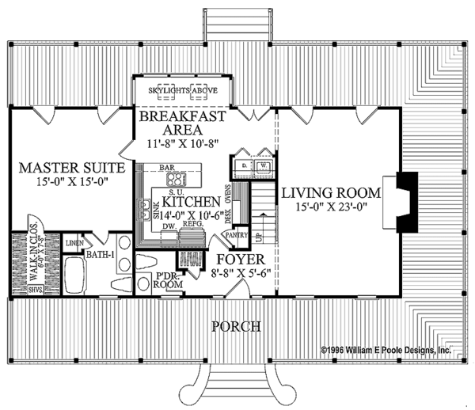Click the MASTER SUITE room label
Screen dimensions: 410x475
tap(72, 168)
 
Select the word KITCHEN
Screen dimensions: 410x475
tap(191, 202)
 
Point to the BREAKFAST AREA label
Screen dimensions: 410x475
tap(182, 123)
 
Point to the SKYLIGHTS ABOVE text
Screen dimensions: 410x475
tap(183, 90)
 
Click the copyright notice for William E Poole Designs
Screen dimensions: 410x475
tap(386, 348)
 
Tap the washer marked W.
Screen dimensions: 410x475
tap(262, 165)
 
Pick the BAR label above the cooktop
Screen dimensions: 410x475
tap(166, 168)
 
